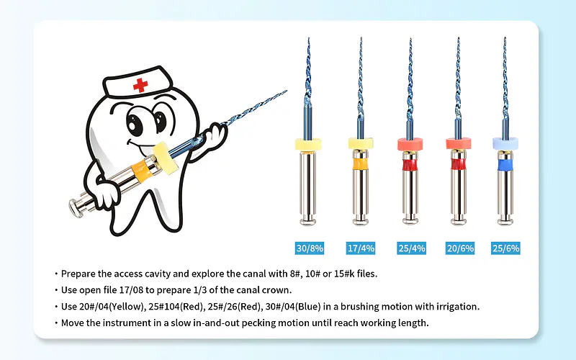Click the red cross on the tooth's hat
pyautogui.click(x=140, y=85)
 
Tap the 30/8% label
pyautogui.click(x=310, y=248)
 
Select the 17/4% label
pyautogui.click(x=361, y=248)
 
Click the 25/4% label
pyautogui.click(x=411, y=248)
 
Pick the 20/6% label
pyautogui.click(x=460, y=248)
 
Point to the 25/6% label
pyautogui.click(x=506, y=248)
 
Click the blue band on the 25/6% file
pyautogui.click(x=505, y=165)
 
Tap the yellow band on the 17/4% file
pyautogui.click(x=361, y=164)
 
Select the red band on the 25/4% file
pyautogui.click(x=410, y=165)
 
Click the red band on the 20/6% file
pyautogui.click(x=459, y=164)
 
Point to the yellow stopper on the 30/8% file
pyautogui.click(x=309, y=144)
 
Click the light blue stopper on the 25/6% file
pyautogui.click(x=505, y=143)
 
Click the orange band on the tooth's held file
pyautogui.click(x=142, y=171)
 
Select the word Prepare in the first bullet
pyautogui.click(x=78, y=274)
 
